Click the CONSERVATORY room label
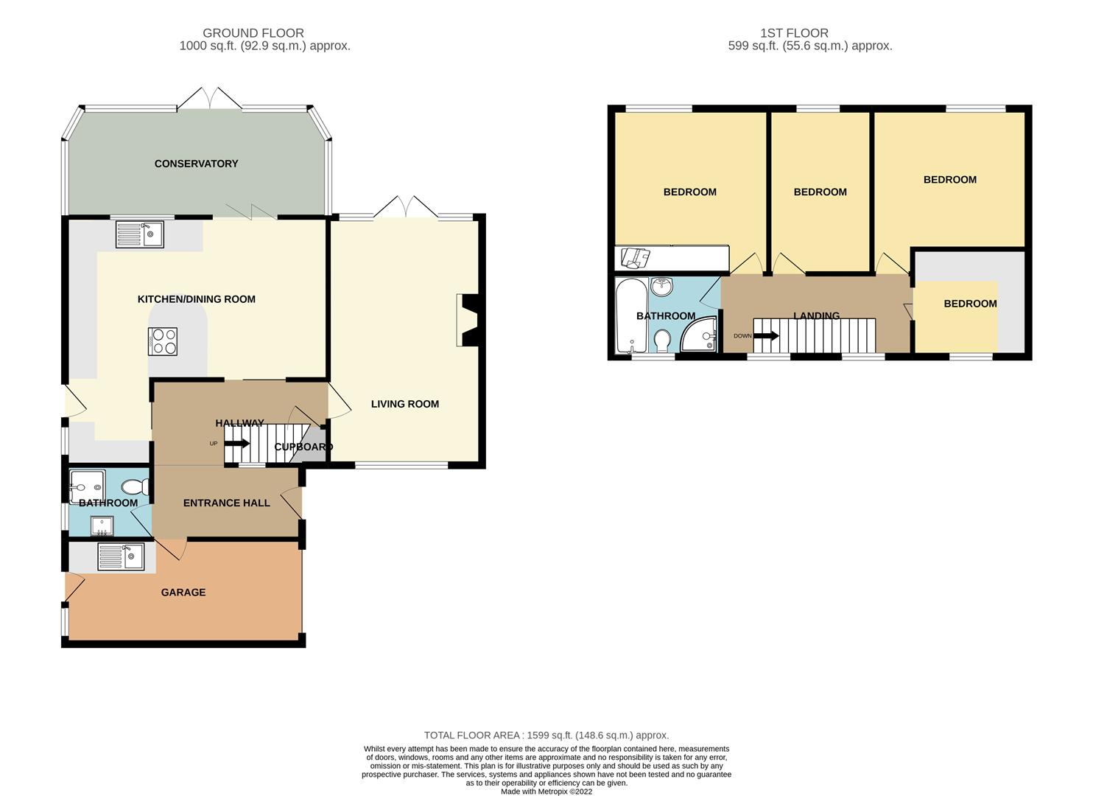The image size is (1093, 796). point(196,164)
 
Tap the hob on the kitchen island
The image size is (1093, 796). point(163,341)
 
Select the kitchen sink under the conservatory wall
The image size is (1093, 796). point(140,234)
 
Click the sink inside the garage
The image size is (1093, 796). point(121,556)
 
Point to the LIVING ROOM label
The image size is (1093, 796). point(405,404)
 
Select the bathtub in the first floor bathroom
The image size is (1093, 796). point(632,315)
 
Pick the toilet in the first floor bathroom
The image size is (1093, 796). point(663,341)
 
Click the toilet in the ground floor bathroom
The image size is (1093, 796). point(136,486)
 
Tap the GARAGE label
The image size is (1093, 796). point(183,593)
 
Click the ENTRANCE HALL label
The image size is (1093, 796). point(226,503)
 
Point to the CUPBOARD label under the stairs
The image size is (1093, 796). point(303,447)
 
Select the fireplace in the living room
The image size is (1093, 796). point(468,321)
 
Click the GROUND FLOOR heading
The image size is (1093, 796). point(253,33)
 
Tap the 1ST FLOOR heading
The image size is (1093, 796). point(795,33)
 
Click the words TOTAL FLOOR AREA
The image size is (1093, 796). point(471,735)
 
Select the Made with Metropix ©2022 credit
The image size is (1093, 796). point(546,792)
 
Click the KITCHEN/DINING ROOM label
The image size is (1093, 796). point(197,299)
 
